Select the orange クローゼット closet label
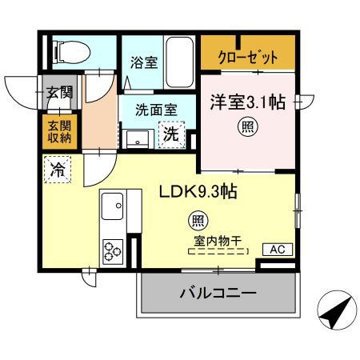click(249, 58)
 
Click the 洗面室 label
click(156, 111)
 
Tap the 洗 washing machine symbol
click(171, 134)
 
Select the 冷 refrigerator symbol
click(58, 170)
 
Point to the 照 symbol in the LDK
click(195, 218)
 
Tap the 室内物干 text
click(217, 238)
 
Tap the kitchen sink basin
click(113, 206)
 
